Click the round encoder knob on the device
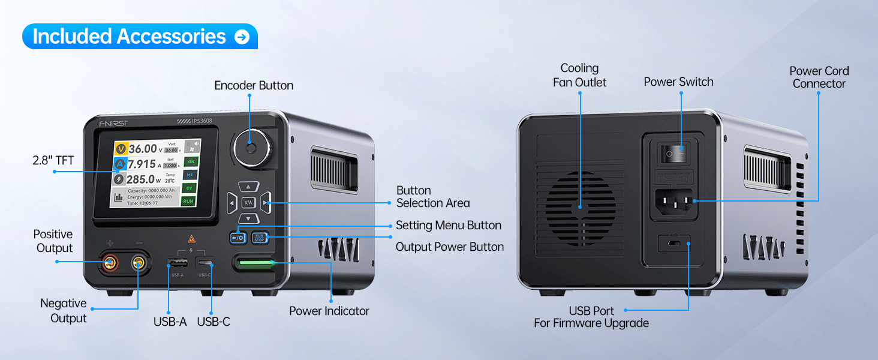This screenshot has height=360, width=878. click(x=251, y=148)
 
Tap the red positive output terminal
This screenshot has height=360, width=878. click(x=110, y=262)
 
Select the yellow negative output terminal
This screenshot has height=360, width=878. click(x=139, y=262)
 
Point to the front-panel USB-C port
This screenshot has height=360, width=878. click(x=205, y=263)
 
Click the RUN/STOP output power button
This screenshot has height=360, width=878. click(x=259, y=238)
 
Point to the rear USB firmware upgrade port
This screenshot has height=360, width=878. click(x=675, y=244)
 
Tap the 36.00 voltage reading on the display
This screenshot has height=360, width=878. click(x=143, y=149)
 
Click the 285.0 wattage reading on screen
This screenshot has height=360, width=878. click(x=140, y=179)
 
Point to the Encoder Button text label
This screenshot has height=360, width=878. click(x=254, y=86)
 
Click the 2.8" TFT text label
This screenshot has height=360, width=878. click(x=53, y=160)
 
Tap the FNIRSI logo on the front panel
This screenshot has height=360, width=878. click(x=113, y=124)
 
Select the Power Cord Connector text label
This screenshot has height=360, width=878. click(x=819, y=77)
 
